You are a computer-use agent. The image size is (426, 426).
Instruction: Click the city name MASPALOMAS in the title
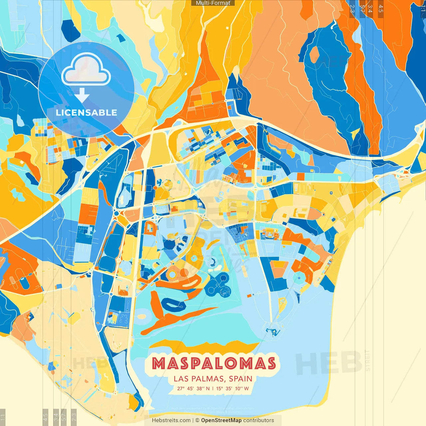click(214, 364)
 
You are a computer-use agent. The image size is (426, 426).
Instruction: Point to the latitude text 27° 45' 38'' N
click(193, 388)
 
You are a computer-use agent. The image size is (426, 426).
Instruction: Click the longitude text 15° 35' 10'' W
click(233, 388)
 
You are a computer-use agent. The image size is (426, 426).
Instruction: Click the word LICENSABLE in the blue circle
click(87, 112)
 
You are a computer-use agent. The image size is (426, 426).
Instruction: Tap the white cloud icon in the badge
click(86, 69)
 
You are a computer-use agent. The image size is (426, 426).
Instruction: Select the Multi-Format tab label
click(213, 3)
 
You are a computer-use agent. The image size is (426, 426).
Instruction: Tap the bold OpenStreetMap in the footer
click(221, 420)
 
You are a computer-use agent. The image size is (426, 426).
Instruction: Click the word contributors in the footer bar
click(259, 420)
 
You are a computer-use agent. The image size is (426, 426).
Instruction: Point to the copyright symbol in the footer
click(197, 420)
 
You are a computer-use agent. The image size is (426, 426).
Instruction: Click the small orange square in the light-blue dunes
click(249, 296)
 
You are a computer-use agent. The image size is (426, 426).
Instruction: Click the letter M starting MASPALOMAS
click(159, 364)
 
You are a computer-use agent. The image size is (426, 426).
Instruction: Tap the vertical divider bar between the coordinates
click(213, 388)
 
